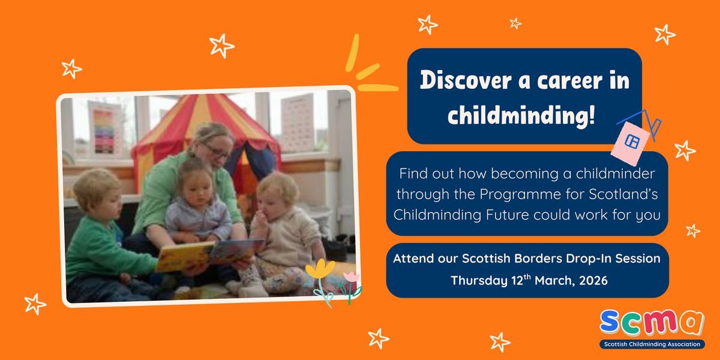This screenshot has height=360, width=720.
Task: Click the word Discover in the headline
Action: point(466,80)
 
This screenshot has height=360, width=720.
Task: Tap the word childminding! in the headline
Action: point(521,115)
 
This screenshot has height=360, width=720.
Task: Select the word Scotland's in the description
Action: point(623,194)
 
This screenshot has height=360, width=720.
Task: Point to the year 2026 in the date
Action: point(593,281)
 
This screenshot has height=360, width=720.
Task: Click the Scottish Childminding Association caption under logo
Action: point(652,344)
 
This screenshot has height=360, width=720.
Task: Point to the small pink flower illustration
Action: point(352,277)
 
